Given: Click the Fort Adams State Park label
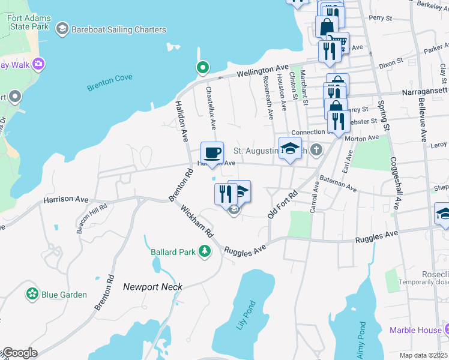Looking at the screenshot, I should pos(29,23).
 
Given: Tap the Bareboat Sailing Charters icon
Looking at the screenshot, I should pos(62,29).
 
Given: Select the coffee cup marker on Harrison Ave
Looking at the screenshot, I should pos(211,153).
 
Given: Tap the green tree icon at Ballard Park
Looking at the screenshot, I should pos(205,251).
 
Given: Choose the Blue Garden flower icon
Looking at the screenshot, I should pos(31,295).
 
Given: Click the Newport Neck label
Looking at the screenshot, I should pos(152,287).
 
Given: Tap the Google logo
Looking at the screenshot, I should pos(19,353).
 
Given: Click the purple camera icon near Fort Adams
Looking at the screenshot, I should pos(39,63).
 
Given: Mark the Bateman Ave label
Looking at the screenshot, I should pos(337,184).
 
